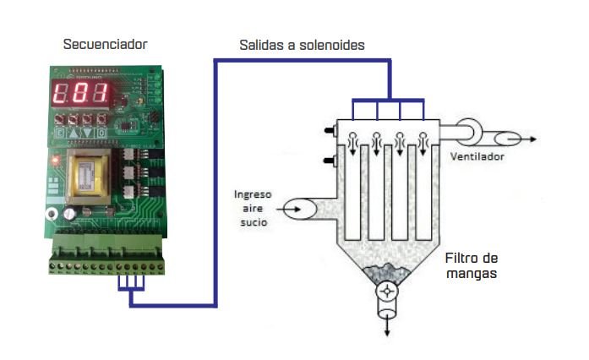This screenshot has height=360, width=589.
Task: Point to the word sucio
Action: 254,224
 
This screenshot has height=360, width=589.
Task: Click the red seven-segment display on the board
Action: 81,95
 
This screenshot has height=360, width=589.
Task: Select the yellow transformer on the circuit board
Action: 87,177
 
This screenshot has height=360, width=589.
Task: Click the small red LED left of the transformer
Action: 53,159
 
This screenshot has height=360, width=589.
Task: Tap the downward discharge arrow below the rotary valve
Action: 388,319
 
